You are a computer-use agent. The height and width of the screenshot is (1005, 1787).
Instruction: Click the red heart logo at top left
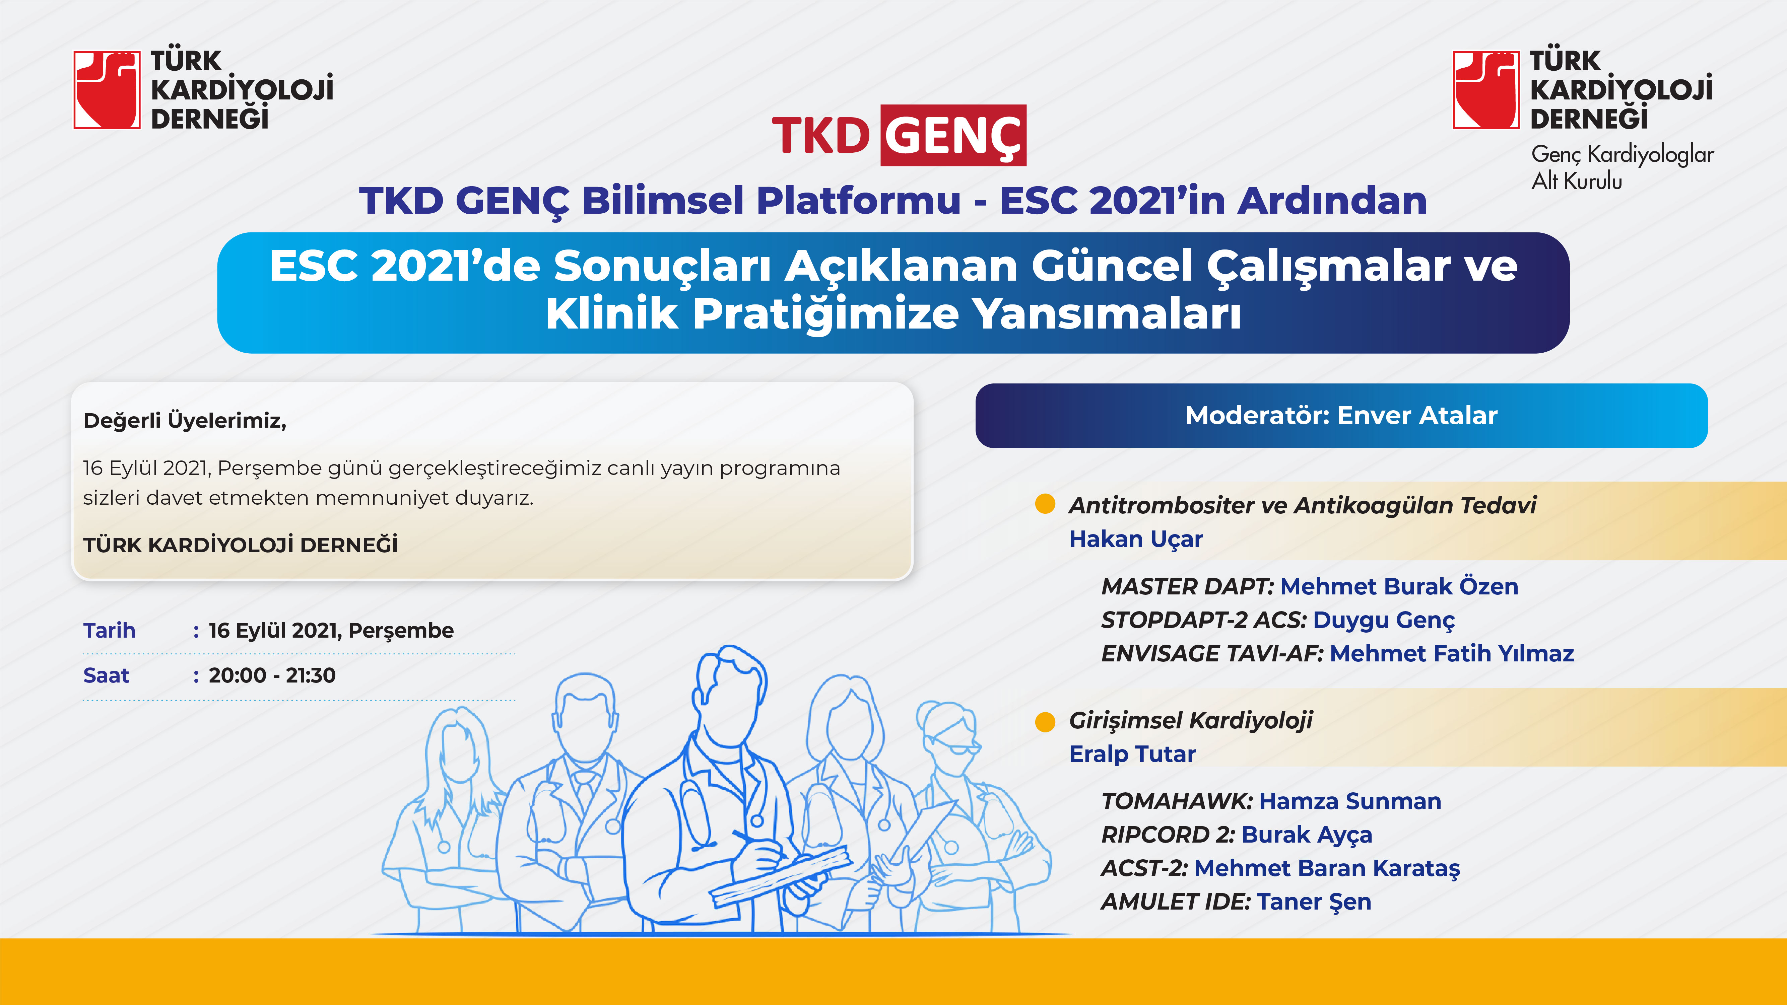point(107,89)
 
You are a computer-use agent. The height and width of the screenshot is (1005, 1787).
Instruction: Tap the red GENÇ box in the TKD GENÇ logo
point(953,135)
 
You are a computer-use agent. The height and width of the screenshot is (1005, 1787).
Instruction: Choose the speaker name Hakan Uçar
point(1136,539)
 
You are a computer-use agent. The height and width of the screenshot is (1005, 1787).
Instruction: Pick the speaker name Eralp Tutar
point(1132,754)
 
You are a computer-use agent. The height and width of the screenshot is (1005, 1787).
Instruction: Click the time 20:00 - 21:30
point(272,675)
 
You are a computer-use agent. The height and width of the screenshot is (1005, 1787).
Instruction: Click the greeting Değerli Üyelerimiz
point(185,420)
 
